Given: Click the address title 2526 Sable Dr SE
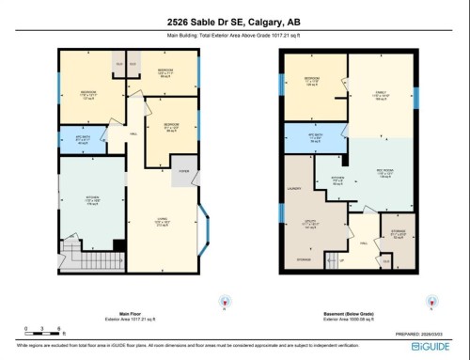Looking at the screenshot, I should point(235,22).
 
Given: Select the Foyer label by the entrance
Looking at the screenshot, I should point(182,171).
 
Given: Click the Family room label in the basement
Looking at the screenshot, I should point(380,95).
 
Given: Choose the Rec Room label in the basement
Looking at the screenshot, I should point(384,173).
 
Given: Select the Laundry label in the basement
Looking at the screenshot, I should point(292,190).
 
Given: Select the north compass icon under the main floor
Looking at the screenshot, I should point(223,302).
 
